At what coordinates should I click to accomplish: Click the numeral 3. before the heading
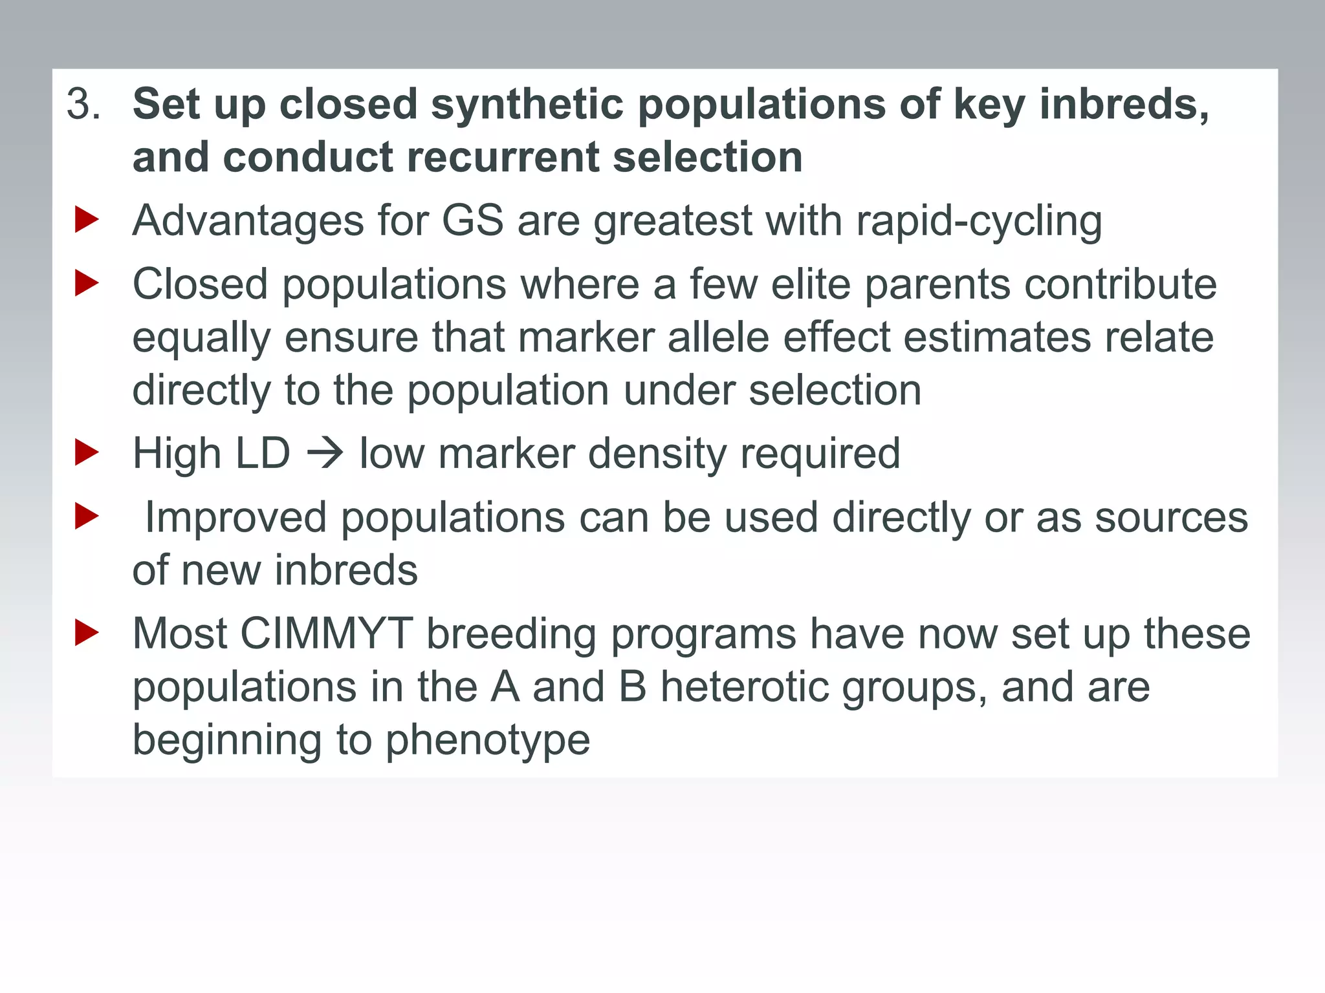[83, 105]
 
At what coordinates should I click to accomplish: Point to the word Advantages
[248, 221]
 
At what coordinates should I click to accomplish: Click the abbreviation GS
[472, 221]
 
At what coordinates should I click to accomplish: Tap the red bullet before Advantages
[87, 220]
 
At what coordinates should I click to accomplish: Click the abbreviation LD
[262, 454]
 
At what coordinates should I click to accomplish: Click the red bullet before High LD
[87, 453]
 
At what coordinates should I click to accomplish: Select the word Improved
[235, 518]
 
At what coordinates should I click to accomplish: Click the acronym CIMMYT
[327, 634]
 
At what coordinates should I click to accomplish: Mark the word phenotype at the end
[488, 741]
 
